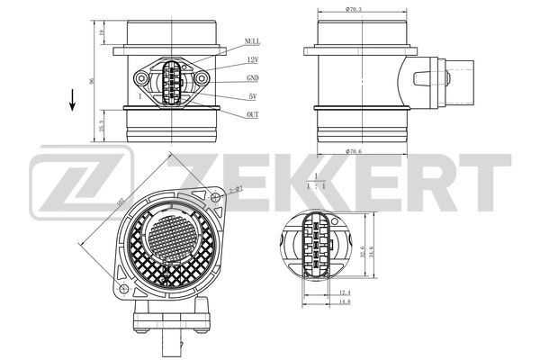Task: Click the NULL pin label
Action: coord(253,41)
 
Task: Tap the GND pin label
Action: coord(253,78)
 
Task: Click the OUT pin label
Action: coord(253,115)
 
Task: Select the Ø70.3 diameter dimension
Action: coord(354,11)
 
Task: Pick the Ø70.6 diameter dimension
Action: coord(354,151)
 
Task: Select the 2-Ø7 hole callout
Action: coord(237,190)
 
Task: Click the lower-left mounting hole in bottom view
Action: coord(121,289)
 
